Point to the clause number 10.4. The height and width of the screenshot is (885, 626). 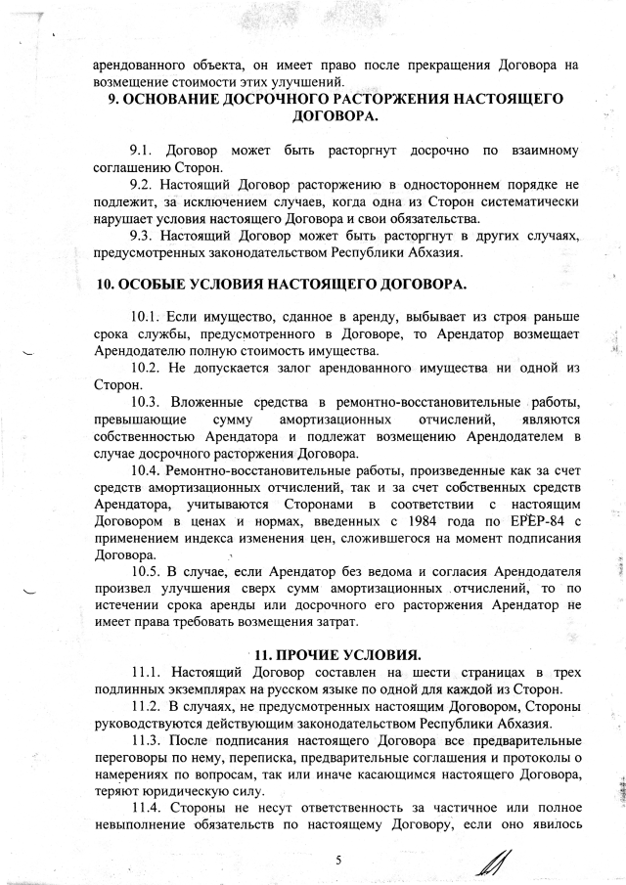coord(144,469)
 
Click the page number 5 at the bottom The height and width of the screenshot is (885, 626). coord(337,860)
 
